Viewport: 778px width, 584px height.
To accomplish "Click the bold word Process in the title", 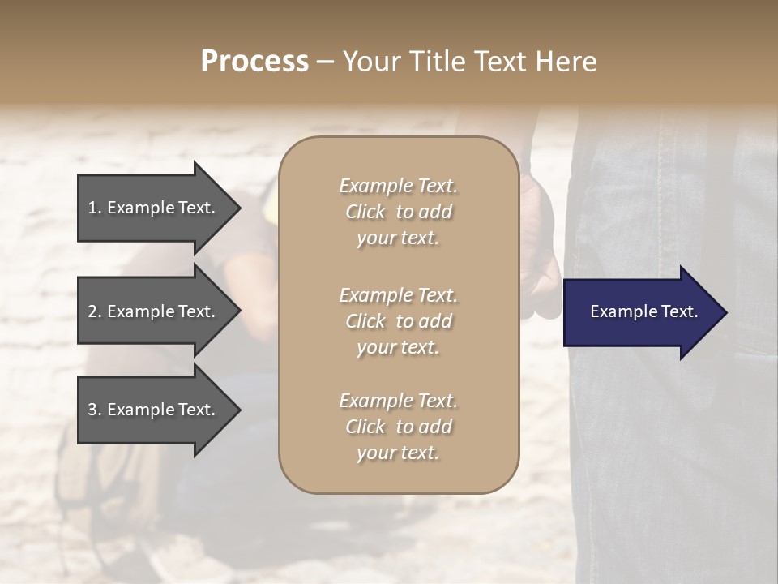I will click(254, 62).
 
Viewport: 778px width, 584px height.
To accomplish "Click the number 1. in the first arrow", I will click(95, 208).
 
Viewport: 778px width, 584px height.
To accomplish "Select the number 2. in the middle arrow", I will click(95, 311).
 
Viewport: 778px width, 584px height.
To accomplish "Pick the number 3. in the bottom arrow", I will click(95, 410).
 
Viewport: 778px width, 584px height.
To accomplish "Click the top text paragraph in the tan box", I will click(398, 212).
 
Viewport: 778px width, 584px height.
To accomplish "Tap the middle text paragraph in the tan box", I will click(398, 320).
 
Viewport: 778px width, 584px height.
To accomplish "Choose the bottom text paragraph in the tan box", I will click(398, 427).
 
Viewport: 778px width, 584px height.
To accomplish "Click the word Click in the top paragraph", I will click(365, 212).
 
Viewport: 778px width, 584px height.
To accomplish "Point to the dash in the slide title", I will click(325, 62).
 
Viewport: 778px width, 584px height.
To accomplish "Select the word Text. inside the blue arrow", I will click(678, 311).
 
